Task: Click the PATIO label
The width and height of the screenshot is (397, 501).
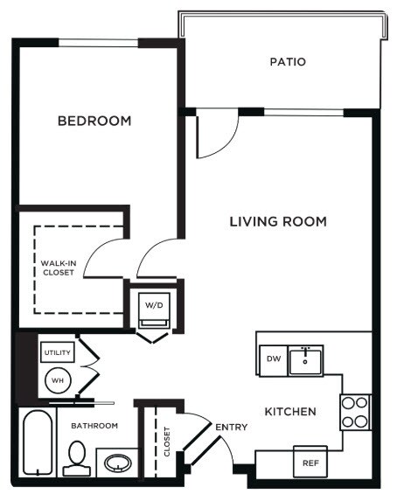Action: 287,62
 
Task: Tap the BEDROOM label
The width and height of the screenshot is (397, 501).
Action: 94,121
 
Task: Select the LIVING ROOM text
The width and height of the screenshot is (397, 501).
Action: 278,222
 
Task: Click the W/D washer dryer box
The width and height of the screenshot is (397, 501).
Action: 154,306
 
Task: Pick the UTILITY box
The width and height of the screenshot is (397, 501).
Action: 57,351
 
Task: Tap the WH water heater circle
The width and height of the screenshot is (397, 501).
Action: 57,380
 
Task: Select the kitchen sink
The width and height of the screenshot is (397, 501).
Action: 307,359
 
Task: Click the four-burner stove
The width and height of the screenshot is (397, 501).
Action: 355,412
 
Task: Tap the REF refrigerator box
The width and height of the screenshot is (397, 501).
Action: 310,463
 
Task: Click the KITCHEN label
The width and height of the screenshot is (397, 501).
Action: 291,411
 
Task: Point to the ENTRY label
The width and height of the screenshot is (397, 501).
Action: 232,428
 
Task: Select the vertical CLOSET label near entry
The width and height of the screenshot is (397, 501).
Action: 167,442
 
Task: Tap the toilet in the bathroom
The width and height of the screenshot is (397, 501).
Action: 75,457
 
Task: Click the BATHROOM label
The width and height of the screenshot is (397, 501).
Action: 94,426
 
